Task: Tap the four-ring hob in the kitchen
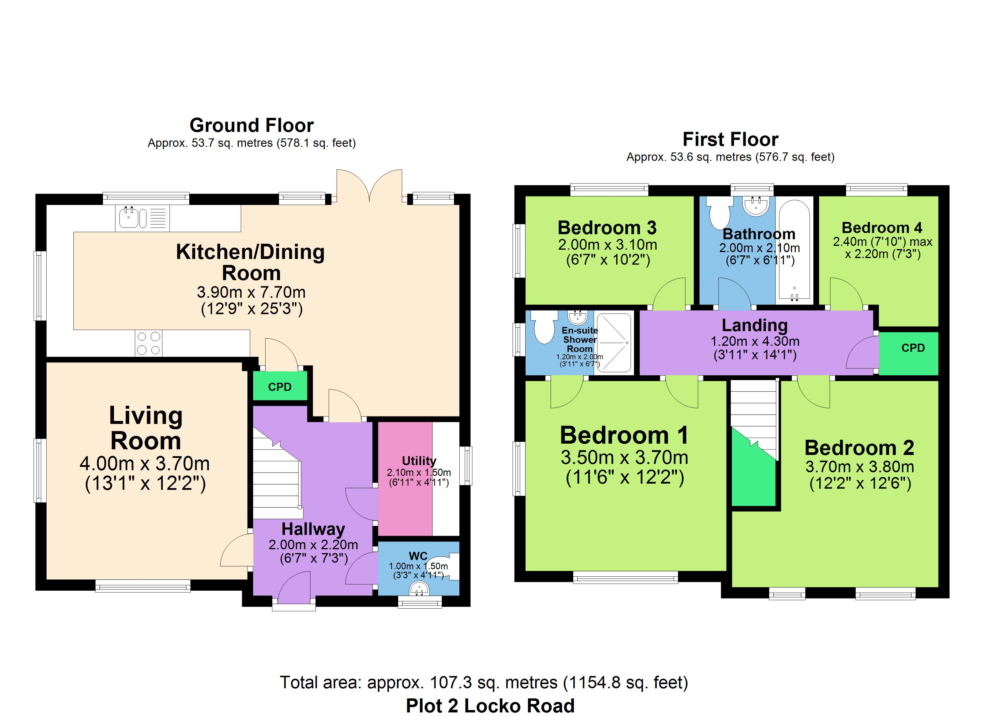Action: click(x=149, y=343)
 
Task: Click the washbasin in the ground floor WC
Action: click(x=419, y=589)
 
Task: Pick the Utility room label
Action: click(x=419, y=461)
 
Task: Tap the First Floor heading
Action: click(x=730, y=139)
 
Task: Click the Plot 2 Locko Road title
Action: click(x=490, y=706)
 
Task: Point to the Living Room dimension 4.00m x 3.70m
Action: click(x=145, y=464)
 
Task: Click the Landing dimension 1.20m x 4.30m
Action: click(x=755, y=341)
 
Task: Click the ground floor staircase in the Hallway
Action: click(x=277, y=473)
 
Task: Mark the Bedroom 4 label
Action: click(x=882, y=228)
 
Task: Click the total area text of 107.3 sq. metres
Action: click(x=484, y=683)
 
